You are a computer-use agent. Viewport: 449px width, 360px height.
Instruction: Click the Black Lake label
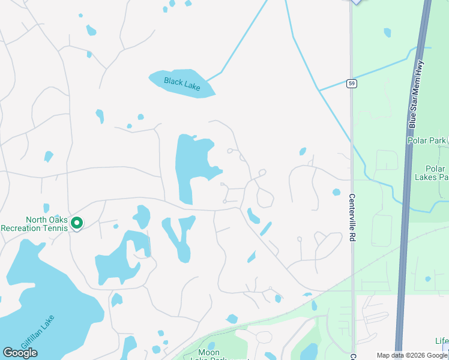click(182, 84)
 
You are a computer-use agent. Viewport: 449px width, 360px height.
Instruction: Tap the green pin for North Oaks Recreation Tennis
click(77, 223)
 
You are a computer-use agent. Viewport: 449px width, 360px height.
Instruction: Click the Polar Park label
click(426, 140)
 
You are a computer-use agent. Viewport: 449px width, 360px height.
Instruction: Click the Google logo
click(20, 353)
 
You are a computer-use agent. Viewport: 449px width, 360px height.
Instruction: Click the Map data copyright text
click(411, 355)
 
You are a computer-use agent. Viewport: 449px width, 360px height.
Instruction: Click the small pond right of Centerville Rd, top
click(387, 32)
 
